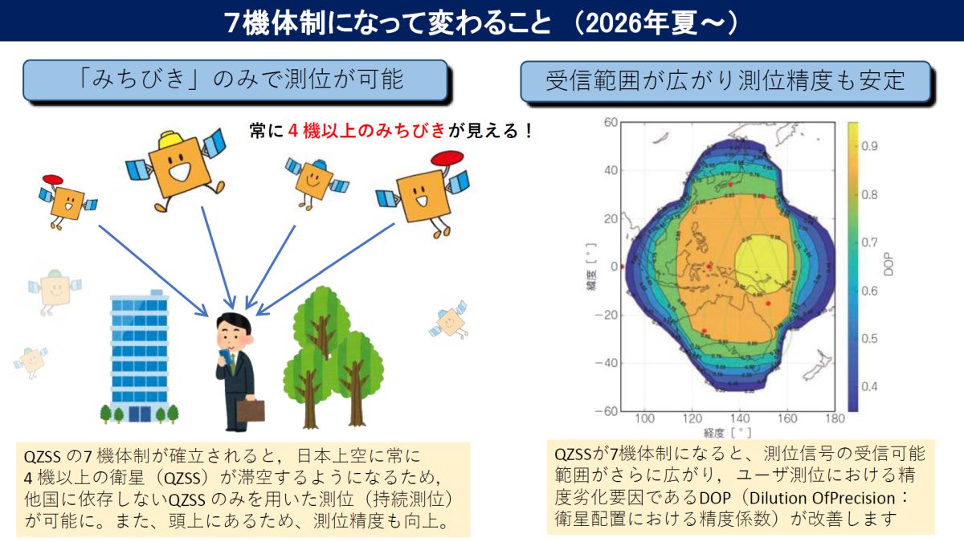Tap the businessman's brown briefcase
coord(251,410)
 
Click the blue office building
coord(140,357)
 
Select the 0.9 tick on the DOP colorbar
coord(869,146)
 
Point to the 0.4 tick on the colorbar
coord(869,386)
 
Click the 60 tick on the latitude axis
coord(611,123)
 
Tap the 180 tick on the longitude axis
coord(835,418)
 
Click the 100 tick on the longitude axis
coord(644,418)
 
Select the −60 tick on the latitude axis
coord(607,411)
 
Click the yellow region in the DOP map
coord(762,263)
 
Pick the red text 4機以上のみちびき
coord(366,130)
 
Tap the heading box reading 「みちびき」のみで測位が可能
coord(235,80)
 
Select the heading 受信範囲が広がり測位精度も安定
coord(725,81)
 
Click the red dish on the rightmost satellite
coord(447,158)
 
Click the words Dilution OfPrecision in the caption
coord(823,498)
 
